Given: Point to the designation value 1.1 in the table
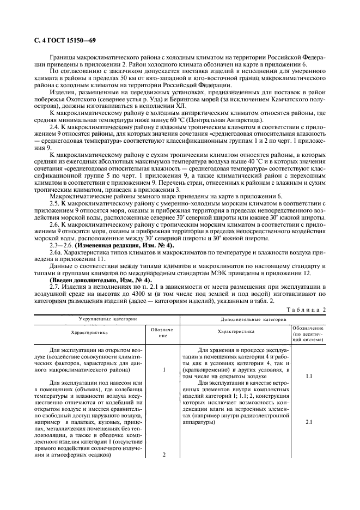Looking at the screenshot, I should click(x=308, y=376).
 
